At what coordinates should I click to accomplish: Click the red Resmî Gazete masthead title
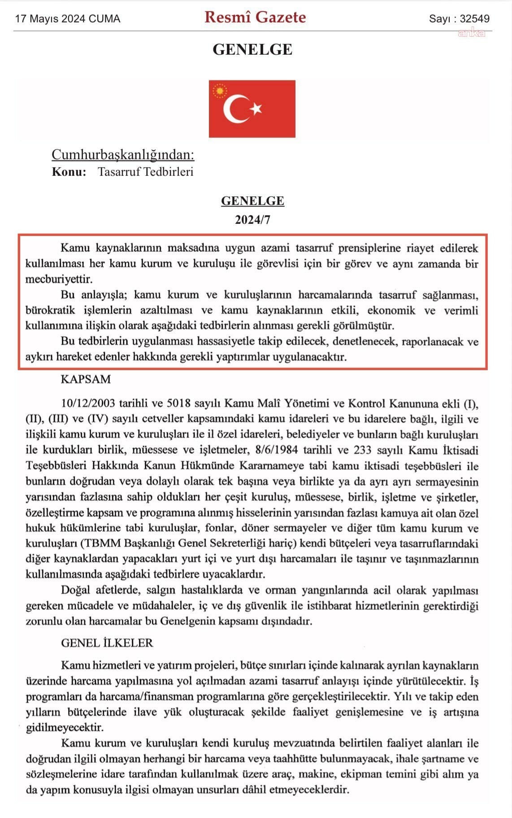255,17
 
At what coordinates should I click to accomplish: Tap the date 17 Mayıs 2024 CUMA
68,19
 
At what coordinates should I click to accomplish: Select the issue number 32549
475,19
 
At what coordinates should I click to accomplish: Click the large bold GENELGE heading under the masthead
252,49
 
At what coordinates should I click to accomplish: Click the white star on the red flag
256,108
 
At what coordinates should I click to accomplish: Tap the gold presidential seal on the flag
220,92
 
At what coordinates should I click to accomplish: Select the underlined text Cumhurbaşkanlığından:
123,154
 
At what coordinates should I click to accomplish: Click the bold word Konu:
69,172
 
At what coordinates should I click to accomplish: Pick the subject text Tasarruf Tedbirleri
146,172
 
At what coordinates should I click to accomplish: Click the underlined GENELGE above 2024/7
252,201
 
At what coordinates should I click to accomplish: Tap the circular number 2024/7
252,220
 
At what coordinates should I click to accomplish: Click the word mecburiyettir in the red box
59,279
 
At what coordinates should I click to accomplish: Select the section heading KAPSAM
86,379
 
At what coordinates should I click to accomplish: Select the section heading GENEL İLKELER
107,643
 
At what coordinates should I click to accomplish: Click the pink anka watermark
471,33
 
